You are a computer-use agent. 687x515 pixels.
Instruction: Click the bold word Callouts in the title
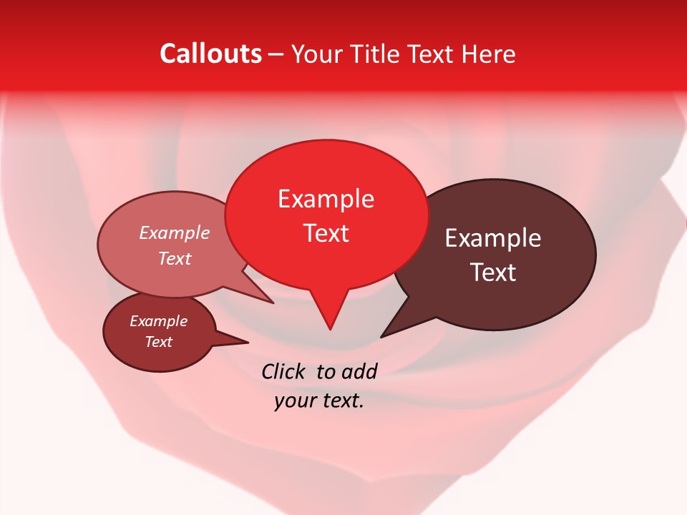click(210, 54)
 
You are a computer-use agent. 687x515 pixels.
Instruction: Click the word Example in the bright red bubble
click(326, 199)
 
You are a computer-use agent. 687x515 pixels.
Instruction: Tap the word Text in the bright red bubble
click(326, 233)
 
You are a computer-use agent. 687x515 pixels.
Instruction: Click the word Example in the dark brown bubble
click(493, 238)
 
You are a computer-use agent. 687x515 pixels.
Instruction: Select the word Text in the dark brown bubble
click(493, 273)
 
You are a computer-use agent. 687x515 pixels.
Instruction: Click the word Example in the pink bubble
click(175, 232)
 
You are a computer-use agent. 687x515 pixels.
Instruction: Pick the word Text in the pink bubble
click(175, 258)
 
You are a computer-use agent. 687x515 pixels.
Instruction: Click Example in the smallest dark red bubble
click(158, 321)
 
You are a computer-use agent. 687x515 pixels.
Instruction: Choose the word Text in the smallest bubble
click(158, 342)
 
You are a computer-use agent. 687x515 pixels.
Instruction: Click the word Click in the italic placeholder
click(284, 371)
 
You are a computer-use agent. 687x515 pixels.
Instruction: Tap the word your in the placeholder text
click(294, 401)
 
